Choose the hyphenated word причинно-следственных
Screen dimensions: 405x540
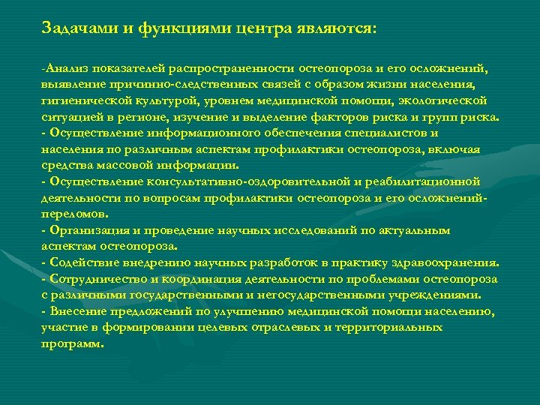[162, 85]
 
